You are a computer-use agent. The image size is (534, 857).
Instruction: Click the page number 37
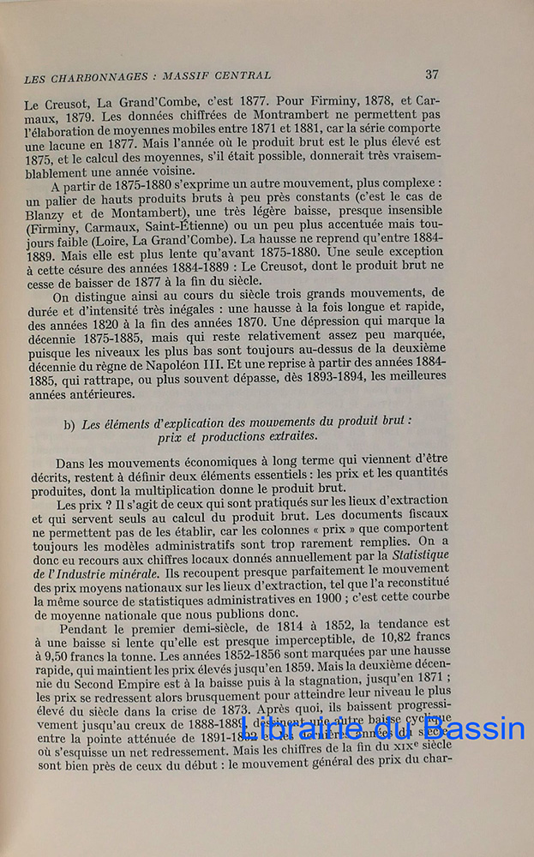tap(432, 75)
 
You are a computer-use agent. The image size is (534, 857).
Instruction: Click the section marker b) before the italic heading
tap(69, 423)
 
